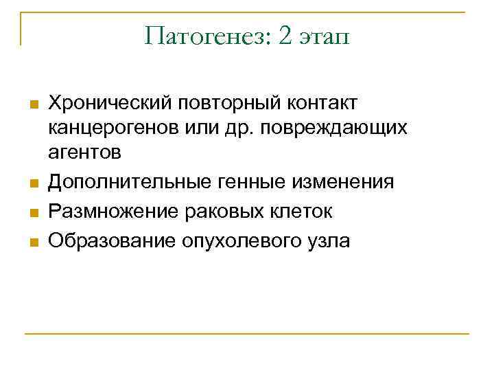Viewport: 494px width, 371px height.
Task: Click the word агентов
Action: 84,153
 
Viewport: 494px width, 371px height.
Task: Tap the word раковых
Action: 213,212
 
